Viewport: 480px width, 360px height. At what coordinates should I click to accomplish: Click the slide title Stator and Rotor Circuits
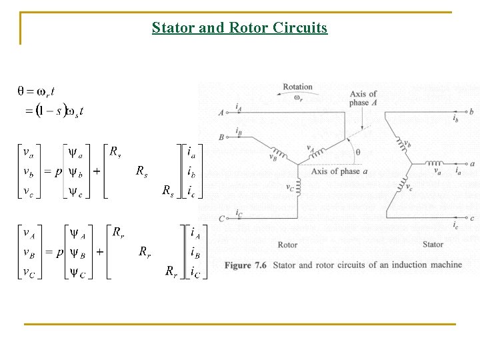pos(239,28)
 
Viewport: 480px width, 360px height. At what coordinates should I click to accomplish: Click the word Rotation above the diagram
pos(297,87)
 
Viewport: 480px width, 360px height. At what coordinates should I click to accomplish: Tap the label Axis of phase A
pos(363,98)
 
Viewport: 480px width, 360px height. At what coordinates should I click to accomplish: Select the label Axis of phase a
pos(339,171)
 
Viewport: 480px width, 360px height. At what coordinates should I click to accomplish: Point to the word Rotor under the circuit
pos(287,245)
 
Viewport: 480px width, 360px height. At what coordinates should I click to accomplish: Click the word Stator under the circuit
pos(433,245)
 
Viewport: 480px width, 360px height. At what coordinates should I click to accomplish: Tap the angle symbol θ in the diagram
pos(358,152)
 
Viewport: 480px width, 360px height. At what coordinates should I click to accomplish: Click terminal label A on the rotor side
pos(221,113)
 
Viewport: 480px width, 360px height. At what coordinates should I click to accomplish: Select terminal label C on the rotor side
pos(221,219)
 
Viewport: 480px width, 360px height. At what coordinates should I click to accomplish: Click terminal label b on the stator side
pos(472,111)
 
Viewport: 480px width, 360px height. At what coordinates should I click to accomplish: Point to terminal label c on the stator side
pos(472,218)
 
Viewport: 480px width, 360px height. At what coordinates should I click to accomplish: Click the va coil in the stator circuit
pos(434,163)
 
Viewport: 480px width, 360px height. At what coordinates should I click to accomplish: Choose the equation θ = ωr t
pos(36,91)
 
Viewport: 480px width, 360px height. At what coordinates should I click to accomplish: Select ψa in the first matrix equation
pos(77,155)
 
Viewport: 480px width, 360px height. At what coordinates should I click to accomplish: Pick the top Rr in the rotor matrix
pos(117,232)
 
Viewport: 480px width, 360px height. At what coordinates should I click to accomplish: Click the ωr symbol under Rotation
pos(297,98)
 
